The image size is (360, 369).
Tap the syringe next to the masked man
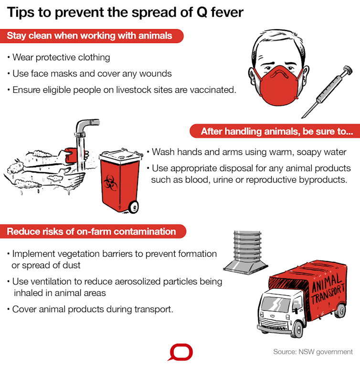coord(327,92)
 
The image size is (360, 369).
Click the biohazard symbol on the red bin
coord(110,183)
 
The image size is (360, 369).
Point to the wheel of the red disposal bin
coord(134,207)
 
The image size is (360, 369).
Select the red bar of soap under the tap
coord(71,155)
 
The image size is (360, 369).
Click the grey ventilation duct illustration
coord(246,252)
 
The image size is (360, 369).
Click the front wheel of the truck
coord(298,329)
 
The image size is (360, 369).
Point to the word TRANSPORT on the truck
coord(328,293)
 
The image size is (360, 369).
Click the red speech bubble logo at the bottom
coord(180,352)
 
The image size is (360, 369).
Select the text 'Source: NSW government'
coord(313,352)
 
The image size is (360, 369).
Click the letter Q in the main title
coord(202,12)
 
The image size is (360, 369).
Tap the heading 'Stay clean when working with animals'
coord(89,36)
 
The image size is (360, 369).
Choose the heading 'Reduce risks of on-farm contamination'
coord(91,231)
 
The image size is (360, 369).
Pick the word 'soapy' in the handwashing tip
coord(307,152)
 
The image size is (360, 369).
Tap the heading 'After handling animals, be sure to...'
coord(277,131)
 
